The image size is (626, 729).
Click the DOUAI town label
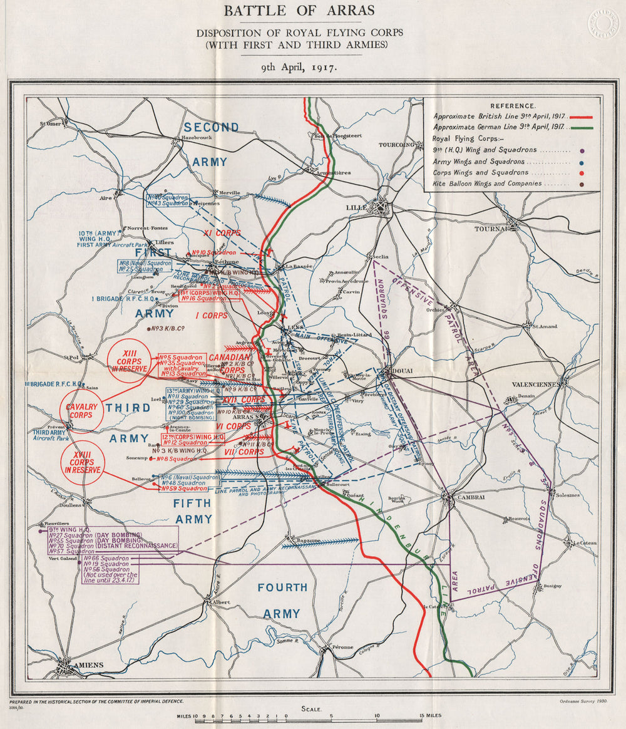pos(403,371)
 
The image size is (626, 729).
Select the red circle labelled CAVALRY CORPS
pos(81,411)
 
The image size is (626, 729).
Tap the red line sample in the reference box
pos(580,117)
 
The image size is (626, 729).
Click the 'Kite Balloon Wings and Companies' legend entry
pos(487,184)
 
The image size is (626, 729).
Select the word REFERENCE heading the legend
pos(512,106)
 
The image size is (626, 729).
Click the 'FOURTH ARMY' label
pos(284,600)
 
